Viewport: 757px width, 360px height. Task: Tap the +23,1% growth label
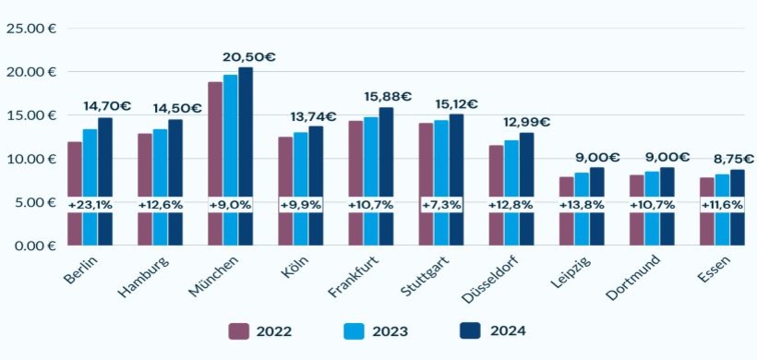[90, 204]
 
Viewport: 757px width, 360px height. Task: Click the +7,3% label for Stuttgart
[441, 204]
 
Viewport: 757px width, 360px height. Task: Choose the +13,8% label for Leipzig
[582, 204]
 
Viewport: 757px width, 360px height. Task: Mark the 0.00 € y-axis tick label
[31, 246]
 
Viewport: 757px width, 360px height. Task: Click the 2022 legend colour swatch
[240, 330]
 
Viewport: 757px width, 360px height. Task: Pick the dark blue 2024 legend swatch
[470, 330]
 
